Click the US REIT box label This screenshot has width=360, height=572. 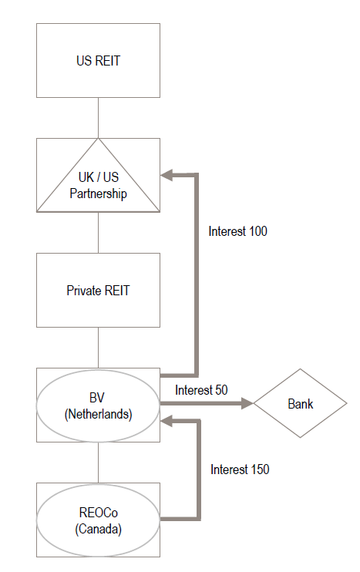(x=98, y=61)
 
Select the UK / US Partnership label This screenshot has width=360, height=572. (x=98, y=185)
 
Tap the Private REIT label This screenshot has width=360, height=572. (x=98, y=291)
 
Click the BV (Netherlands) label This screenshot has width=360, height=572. (x=98, y=405)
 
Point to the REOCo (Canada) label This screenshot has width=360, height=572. (x=98, y=520)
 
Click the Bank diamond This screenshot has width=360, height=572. (x=300, y=403)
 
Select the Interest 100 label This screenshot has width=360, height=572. (x=237, y=231)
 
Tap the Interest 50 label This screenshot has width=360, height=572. (x=201, y=390)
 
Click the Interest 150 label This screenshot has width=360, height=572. (x=240, y=469)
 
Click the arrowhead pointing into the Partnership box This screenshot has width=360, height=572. (x=166, y=175)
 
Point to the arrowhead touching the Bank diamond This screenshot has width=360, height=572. (x=247, y=403)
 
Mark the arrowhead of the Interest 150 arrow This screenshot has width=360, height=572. (x=166, y=422)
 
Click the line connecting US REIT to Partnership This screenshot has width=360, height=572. (x=98, y=118)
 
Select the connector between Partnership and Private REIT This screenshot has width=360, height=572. (x=98, y=233)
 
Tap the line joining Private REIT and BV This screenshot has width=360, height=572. (x=98, y=348)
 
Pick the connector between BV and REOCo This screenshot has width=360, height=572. (x=98, y=463)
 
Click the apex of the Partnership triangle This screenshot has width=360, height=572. (x=98, y=139)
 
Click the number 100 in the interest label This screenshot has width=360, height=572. (x=258, y=231)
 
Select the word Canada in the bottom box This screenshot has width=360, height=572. (x=98, y=529)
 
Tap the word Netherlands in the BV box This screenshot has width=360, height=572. (x=98, y=415)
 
